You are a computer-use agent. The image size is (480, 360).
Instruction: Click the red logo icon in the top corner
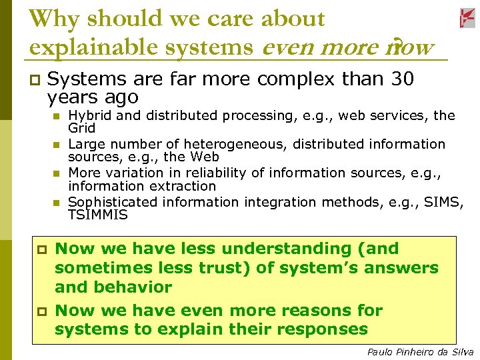click(x=467, y=19)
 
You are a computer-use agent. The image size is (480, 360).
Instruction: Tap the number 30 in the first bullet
click(x=401, y=79)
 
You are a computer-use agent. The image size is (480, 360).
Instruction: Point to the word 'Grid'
click(x=82, y=128)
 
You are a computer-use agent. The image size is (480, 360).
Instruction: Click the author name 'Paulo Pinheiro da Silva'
click(x=420, y=352)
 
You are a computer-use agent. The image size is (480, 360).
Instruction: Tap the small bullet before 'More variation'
click(x=57, y=173)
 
